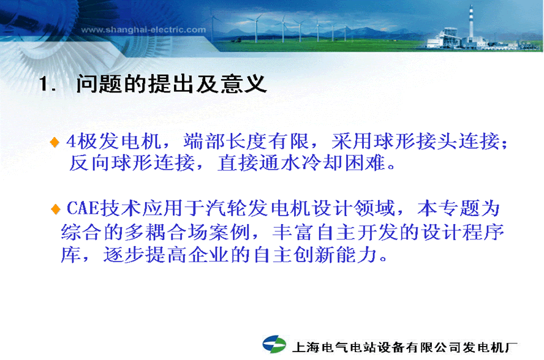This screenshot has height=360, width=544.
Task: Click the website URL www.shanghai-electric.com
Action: pyautogui.click(x=143, y=29)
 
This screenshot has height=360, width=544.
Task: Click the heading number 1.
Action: pyautogui.click(x=47, y=84)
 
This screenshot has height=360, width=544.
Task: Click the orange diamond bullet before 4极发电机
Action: pyautogui.click(x=55, y=142)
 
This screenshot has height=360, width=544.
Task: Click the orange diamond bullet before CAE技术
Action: pyautogui.click(x=56, y=209)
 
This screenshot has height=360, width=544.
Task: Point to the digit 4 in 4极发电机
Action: pyautogui.click(x=72, y=141)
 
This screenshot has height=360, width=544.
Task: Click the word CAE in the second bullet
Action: pyautogui.click(x=83, y=208)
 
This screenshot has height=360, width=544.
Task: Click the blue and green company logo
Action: pyautogui.click(x=274, y=344)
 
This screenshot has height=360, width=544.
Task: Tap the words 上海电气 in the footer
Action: pyautogui.click(x=320, y=347)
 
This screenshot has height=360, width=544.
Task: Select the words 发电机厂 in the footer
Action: pyautogui.click(x=490, y=347)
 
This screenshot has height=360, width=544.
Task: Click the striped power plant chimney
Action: pyautogui.click(x=471, y=23)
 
